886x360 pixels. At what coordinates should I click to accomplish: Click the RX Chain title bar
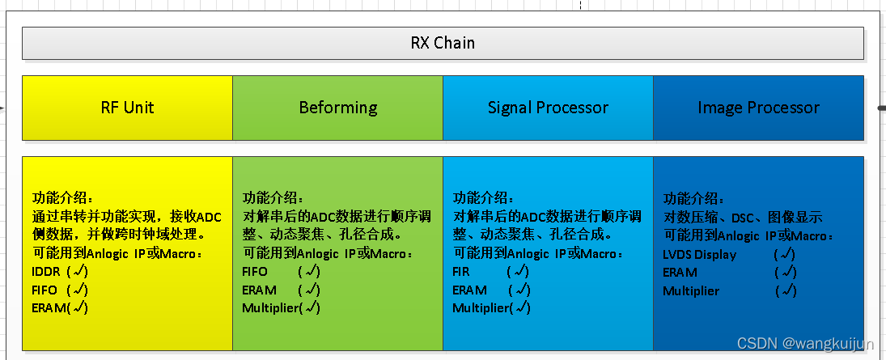pyautogui.click(x=442, y=43)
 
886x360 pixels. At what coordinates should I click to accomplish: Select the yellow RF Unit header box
pyautogui.click(x=127, y=108)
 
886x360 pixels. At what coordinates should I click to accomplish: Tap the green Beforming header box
pyautogui.click(x=337, y=108)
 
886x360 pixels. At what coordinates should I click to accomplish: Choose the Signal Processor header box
pyautogui.click(x=548, y=108)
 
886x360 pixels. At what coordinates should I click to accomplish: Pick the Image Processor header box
pyautogui.click(x=758, y=108)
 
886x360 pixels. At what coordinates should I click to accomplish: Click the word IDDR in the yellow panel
pyautogui.click(x=46, y=271)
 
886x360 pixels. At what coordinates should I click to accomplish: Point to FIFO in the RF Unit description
pyautogui.click(x=45, y=290)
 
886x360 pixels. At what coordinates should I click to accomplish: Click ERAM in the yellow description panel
pyautogui.click(x=48, y=307)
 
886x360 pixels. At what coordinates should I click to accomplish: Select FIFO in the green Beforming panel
pyautogui.click(x=255, y=271)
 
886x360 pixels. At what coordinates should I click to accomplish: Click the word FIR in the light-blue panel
pyautogui.click(x=461, y=271)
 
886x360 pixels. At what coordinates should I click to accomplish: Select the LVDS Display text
pyautogui.click(x=699, y=254)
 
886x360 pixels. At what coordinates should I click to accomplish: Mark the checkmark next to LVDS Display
pyautogui.click(x=785, y=254)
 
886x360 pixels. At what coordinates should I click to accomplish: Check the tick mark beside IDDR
pyautogui.click(x=78, y=271)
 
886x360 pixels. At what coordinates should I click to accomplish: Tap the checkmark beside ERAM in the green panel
pyautogui.click(x=309, y=290)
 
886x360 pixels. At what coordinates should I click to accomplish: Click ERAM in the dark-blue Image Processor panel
pyautogui.click(x=680, y=273)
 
